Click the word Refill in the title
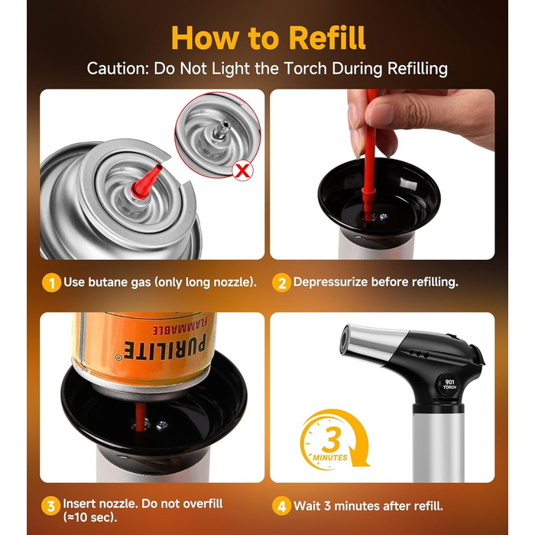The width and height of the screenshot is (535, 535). point(327,37)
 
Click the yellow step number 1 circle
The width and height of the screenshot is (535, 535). point(51,283)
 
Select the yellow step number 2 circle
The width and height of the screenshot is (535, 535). point(281,283)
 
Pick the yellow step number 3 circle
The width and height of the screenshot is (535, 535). point(51,506)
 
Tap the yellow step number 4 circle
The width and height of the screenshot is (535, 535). point(281,506)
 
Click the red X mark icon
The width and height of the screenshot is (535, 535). point(242,171)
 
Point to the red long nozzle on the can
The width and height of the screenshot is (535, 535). point(146,182)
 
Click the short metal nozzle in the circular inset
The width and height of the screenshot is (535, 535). point(221,130)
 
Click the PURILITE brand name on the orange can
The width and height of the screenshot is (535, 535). point(164,347)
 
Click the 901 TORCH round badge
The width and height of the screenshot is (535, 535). point(449,384)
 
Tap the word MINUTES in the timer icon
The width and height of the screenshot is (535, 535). point(330,457)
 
